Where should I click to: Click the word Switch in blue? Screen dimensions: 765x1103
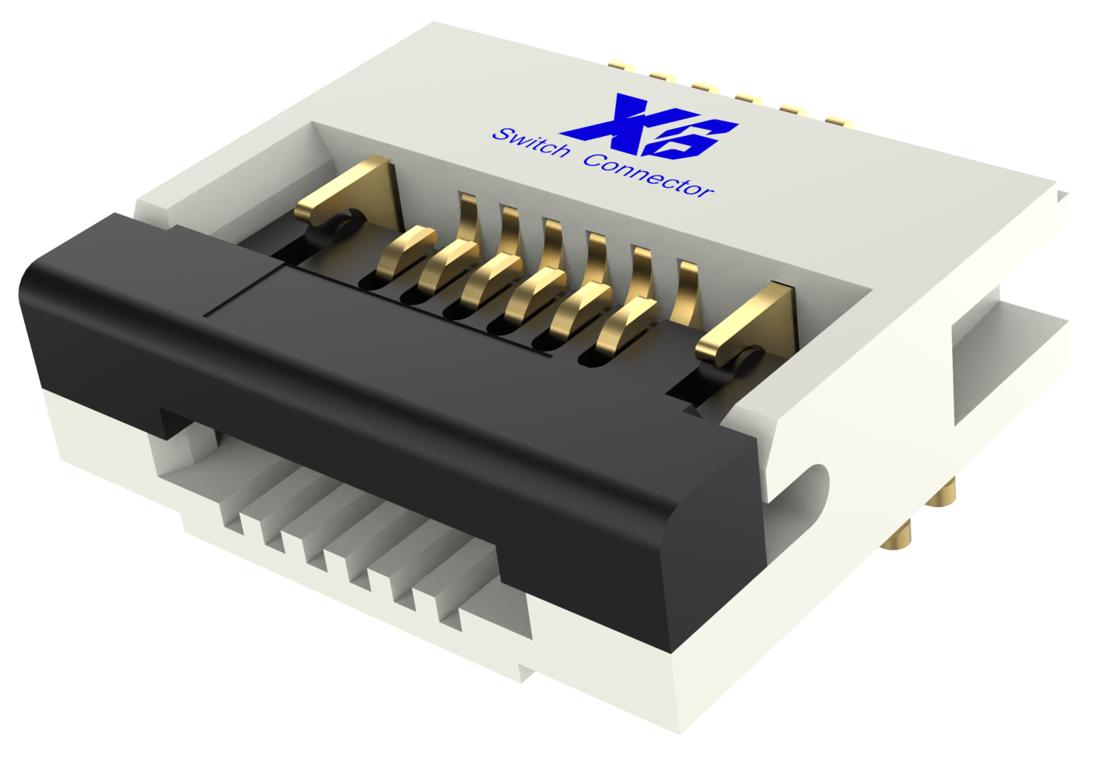coord(530,142)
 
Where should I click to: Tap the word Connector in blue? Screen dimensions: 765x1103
coord(647,175)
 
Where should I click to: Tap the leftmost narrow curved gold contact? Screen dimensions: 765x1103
coord(404,249)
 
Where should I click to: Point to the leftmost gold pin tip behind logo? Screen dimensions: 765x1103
coord(622,65)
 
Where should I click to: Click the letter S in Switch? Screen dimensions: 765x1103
coord(500,134)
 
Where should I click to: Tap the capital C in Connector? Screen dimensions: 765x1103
coord(595,161)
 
